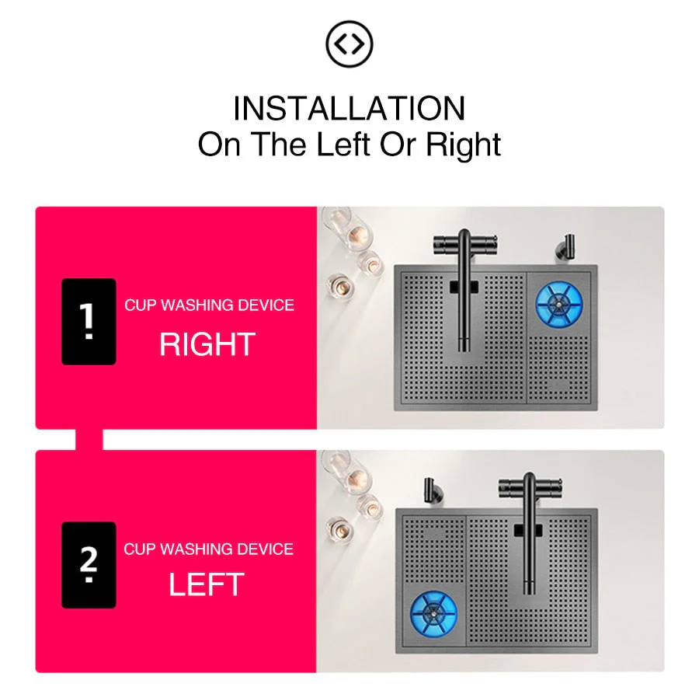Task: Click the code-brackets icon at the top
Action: tap(349, 45)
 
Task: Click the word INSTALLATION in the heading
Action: tap(349, 109)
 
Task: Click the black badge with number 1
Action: tap(89, 321)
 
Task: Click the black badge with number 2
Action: tap(89, 565)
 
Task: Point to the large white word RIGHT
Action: tap(207, 344)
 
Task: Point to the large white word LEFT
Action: tap(207, 585)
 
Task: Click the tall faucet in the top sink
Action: tap(464, 288)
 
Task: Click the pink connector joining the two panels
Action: tap(89, 439)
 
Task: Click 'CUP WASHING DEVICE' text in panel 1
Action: tap(209, 305)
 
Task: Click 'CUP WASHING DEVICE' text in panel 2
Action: tap(208, 549)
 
